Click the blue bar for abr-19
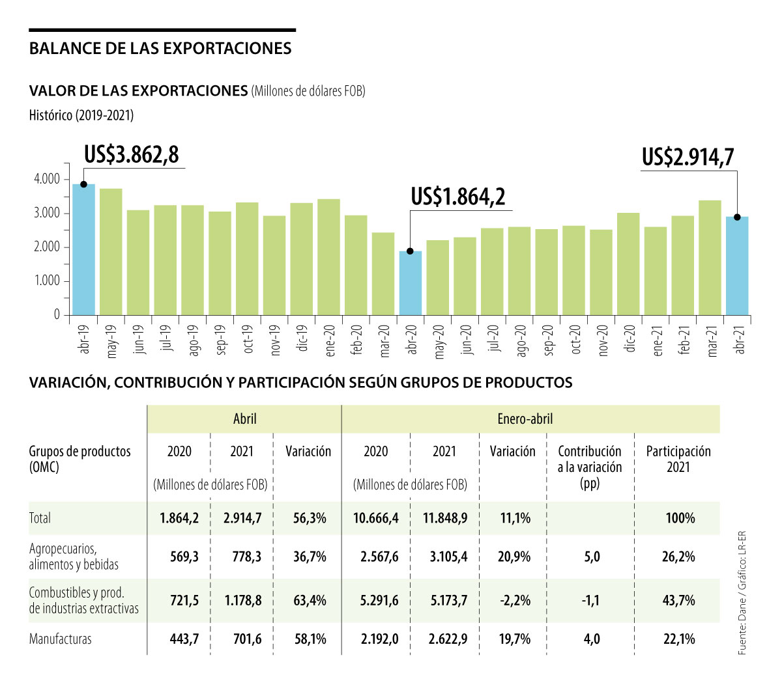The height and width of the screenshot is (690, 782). click(x=83, y=251)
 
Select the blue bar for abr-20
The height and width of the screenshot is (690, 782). click(x=411, y=283)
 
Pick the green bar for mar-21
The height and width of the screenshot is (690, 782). click(x=710, y=258)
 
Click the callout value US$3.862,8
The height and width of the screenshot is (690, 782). click(x=132, y=154)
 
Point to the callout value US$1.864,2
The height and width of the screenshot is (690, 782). click(x=458, y=196)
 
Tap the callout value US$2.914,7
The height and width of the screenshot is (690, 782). click(x=688, y=157)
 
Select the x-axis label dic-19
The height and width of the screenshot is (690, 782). click(x=302, y=338)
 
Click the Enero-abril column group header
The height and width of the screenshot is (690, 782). click(x=525, y=419)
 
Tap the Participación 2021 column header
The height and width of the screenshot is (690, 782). click(x=678, y=459)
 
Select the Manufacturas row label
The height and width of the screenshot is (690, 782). click(x=61, y=639)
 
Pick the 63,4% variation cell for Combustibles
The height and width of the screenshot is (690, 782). click(x=310, y=600)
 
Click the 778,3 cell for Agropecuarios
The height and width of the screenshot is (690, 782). click(x=247, y=557)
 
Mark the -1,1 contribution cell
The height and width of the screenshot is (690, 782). click(x=590, y=600)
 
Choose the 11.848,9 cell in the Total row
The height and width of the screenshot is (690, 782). click(x=445, y=518)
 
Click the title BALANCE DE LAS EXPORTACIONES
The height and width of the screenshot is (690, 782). click(x=160, y=49)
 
